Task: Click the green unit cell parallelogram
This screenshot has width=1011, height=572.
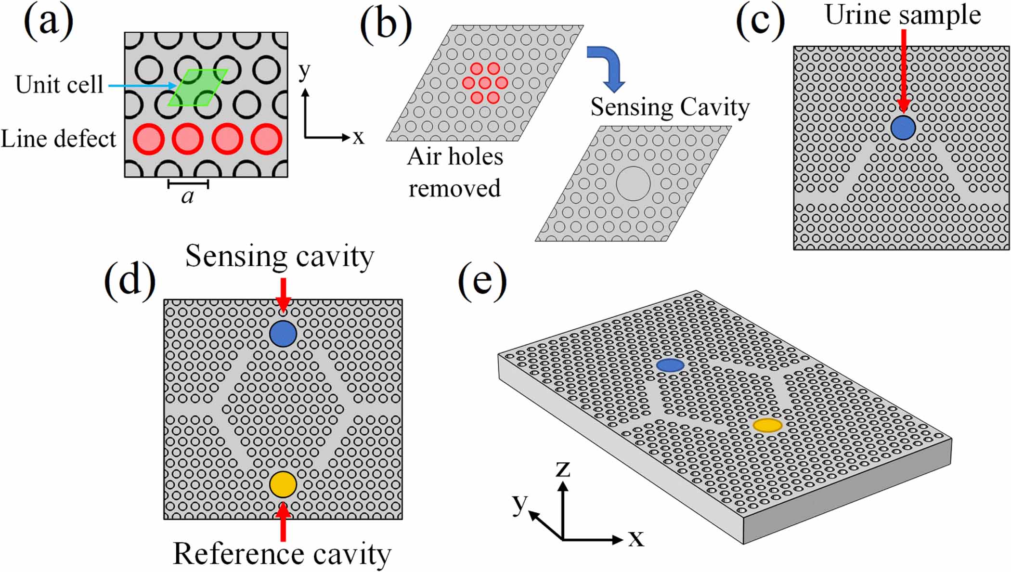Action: [197, 88]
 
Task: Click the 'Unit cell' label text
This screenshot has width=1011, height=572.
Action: [59, 85]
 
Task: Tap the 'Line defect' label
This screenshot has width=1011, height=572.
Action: [58, 139]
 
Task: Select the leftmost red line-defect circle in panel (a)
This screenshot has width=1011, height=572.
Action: [148, 139]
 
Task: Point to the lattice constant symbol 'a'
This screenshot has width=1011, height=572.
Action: [188, 196]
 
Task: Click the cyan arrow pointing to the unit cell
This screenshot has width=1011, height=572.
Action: [142, 86]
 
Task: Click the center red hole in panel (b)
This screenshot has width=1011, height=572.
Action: [485, 83]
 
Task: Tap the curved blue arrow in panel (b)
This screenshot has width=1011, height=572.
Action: [608, 67]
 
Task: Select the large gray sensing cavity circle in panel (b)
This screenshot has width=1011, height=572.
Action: [633, 183]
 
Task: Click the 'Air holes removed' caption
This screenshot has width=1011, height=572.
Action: [455, 172]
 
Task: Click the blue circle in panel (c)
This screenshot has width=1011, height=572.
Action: [903, 128]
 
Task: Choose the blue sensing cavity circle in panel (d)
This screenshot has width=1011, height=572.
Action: [283, 334]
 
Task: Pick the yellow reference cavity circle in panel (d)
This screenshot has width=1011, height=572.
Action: [283, 484]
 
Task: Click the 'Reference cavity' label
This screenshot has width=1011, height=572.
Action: [282, 554]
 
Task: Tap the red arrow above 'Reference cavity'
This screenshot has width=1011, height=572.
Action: [283, 522]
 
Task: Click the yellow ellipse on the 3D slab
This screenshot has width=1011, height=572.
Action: [767, 425]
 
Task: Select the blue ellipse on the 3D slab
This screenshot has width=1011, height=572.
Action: [670, 365]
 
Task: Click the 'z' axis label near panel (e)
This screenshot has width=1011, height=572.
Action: [562, 468]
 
